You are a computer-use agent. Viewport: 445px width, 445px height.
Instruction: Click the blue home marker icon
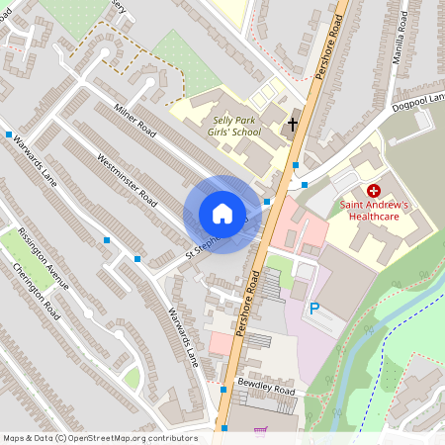(x=222, y=214)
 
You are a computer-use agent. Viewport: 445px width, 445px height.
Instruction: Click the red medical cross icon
(x=374, y=189)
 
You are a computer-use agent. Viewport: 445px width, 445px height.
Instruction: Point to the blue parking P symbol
(x=314, y=309)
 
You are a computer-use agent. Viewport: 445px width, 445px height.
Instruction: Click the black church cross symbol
(x=292, y=125)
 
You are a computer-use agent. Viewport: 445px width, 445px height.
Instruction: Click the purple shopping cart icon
(x=260, y=431)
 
